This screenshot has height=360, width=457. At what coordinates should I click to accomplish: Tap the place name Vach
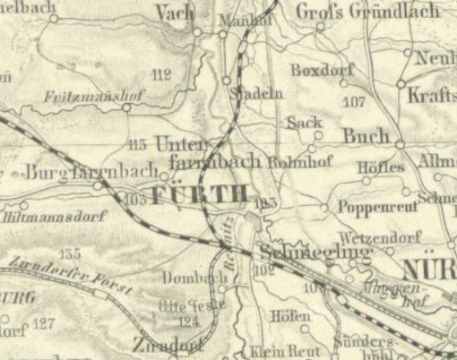coord(174,12)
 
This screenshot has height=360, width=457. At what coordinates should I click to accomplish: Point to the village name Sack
coord(304,122)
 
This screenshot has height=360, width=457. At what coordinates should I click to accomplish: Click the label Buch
coord(366,137)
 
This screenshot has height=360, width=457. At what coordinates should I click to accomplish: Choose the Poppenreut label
coord(366,207)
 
